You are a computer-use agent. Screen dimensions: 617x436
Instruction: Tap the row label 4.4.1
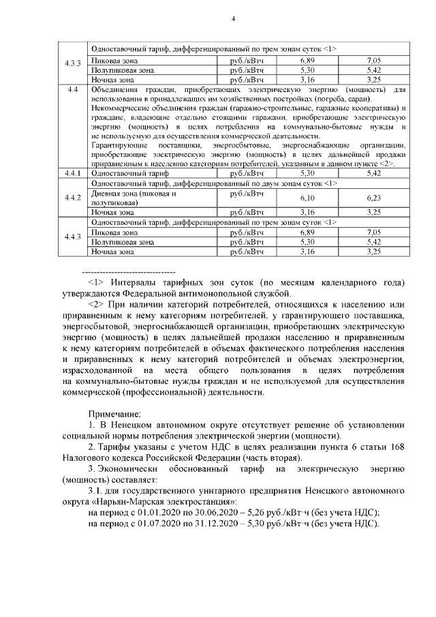click(72, 175)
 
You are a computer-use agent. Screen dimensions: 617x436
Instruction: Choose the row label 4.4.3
click(72, 237)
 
